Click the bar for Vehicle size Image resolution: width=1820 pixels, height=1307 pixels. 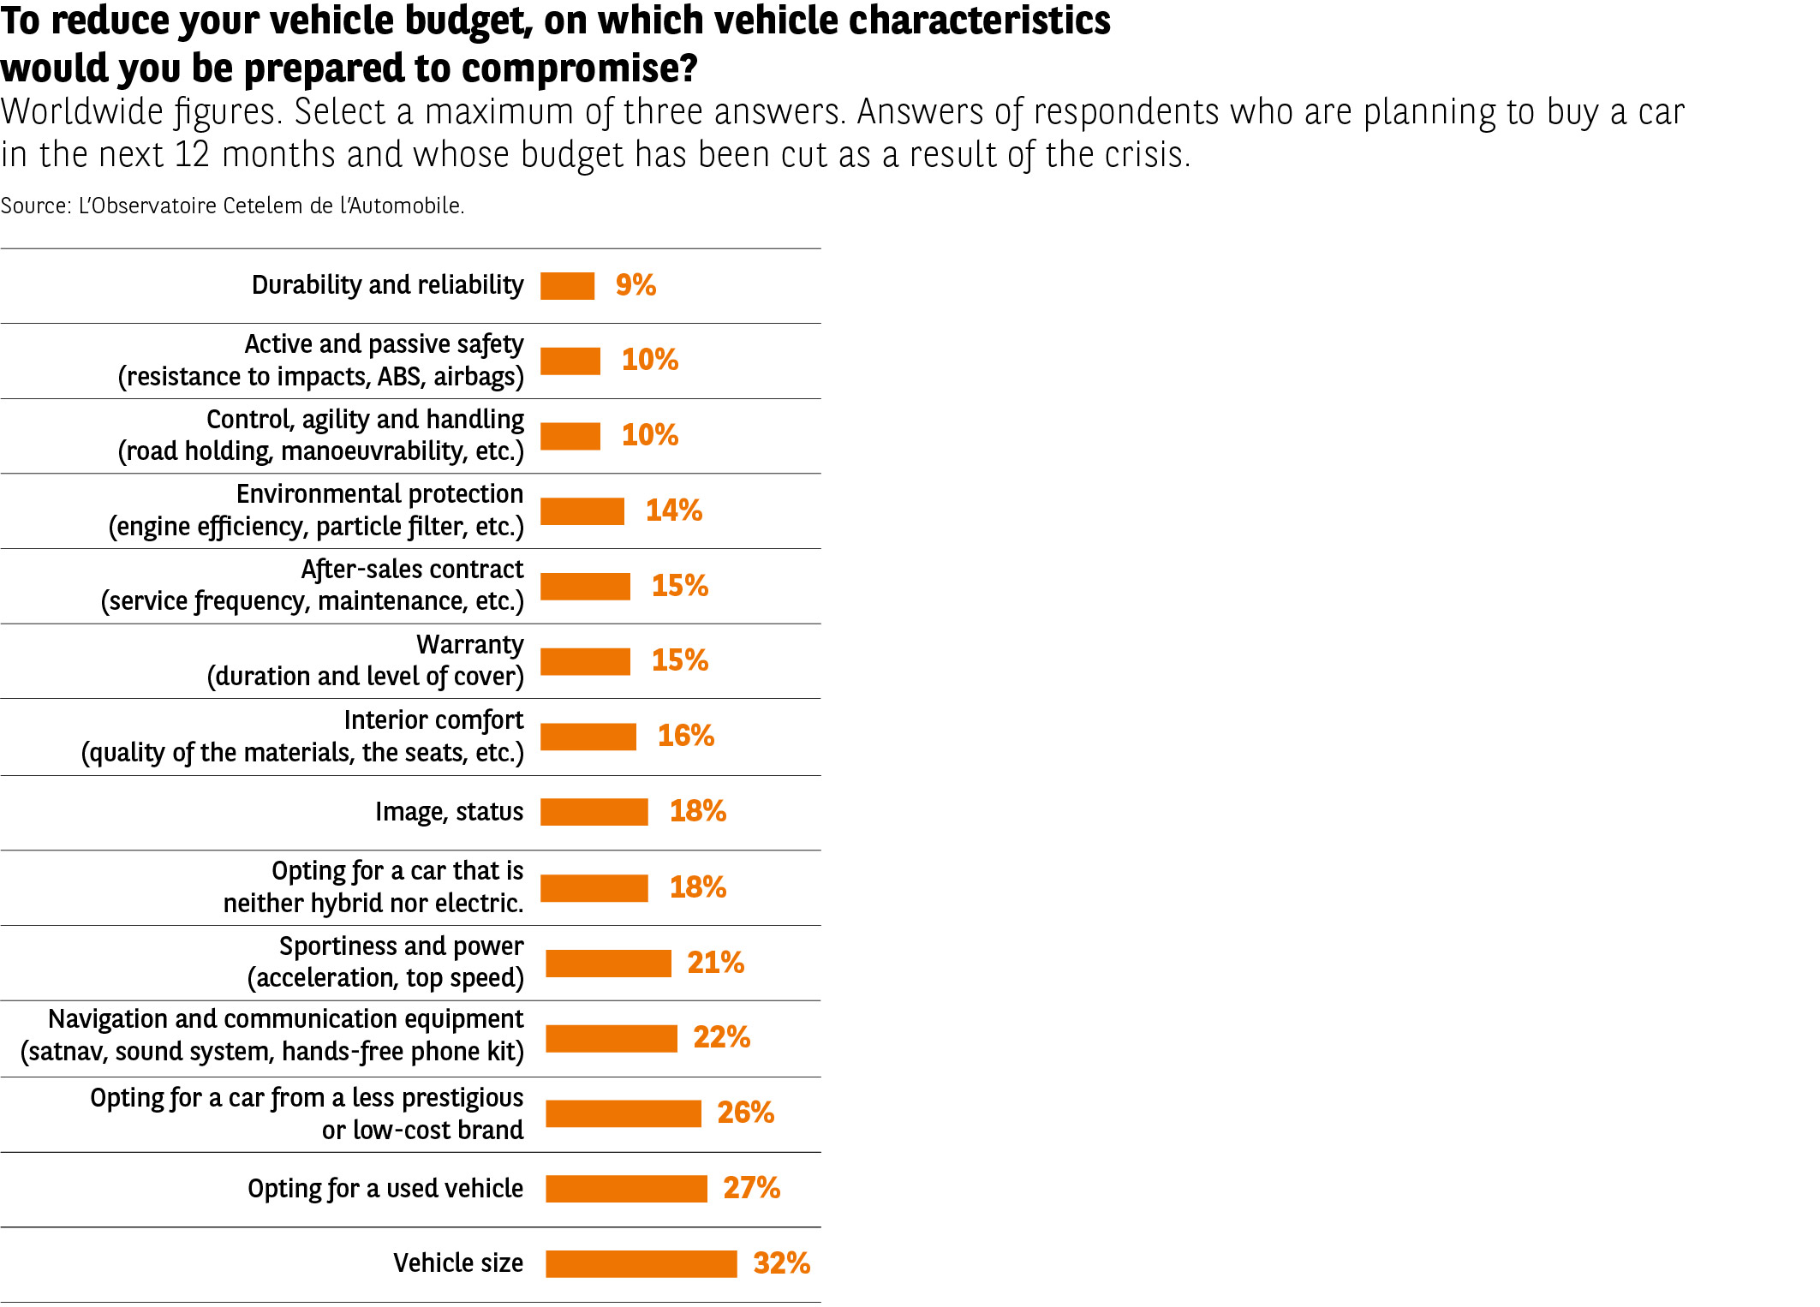641,1263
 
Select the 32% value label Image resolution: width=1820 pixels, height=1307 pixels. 781,1263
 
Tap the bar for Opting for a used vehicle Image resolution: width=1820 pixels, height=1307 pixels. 626,1188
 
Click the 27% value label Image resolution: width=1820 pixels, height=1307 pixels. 751,1188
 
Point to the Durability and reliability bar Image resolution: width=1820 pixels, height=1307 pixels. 567,285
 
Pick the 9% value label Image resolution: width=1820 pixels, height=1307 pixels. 636,285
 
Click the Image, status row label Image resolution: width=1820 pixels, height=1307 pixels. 449,811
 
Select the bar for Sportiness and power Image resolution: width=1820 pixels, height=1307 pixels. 608,963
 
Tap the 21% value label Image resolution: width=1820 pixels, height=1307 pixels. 715,963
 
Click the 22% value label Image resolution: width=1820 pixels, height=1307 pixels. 721,1037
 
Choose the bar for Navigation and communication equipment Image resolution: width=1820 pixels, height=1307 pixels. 611,1038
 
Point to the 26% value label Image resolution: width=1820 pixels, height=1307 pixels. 745,1113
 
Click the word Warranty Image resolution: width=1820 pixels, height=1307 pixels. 469,644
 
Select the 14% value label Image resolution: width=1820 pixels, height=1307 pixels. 673,510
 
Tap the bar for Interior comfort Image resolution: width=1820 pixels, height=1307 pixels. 588,736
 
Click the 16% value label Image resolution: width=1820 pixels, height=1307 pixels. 685,736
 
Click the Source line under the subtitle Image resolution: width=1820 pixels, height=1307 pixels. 232,206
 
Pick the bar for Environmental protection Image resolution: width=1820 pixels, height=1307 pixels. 582,510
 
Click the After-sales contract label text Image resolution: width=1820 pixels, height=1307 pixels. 412,570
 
